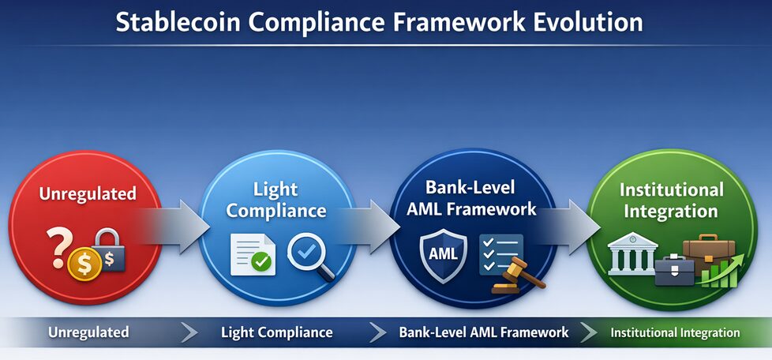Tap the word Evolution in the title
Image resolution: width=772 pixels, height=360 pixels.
click(588, 23)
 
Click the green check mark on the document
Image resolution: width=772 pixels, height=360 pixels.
click(260, 261)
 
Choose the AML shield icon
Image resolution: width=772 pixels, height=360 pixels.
click(443, 256)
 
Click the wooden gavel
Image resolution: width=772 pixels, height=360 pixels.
click(518, 276)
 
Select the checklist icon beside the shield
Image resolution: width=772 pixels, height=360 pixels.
click(500, 254)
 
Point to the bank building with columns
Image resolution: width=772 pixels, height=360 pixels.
click(632, 253)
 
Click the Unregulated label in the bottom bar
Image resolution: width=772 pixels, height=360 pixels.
click(88, 332)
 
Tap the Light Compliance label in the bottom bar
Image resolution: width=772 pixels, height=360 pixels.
click(277, 332)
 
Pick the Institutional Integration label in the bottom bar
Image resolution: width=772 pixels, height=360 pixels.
click(675, 332)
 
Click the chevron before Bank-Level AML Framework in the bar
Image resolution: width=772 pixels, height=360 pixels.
click(378, 332)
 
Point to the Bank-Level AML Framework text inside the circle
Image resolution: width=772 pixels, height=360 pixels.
click(481, 197)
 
